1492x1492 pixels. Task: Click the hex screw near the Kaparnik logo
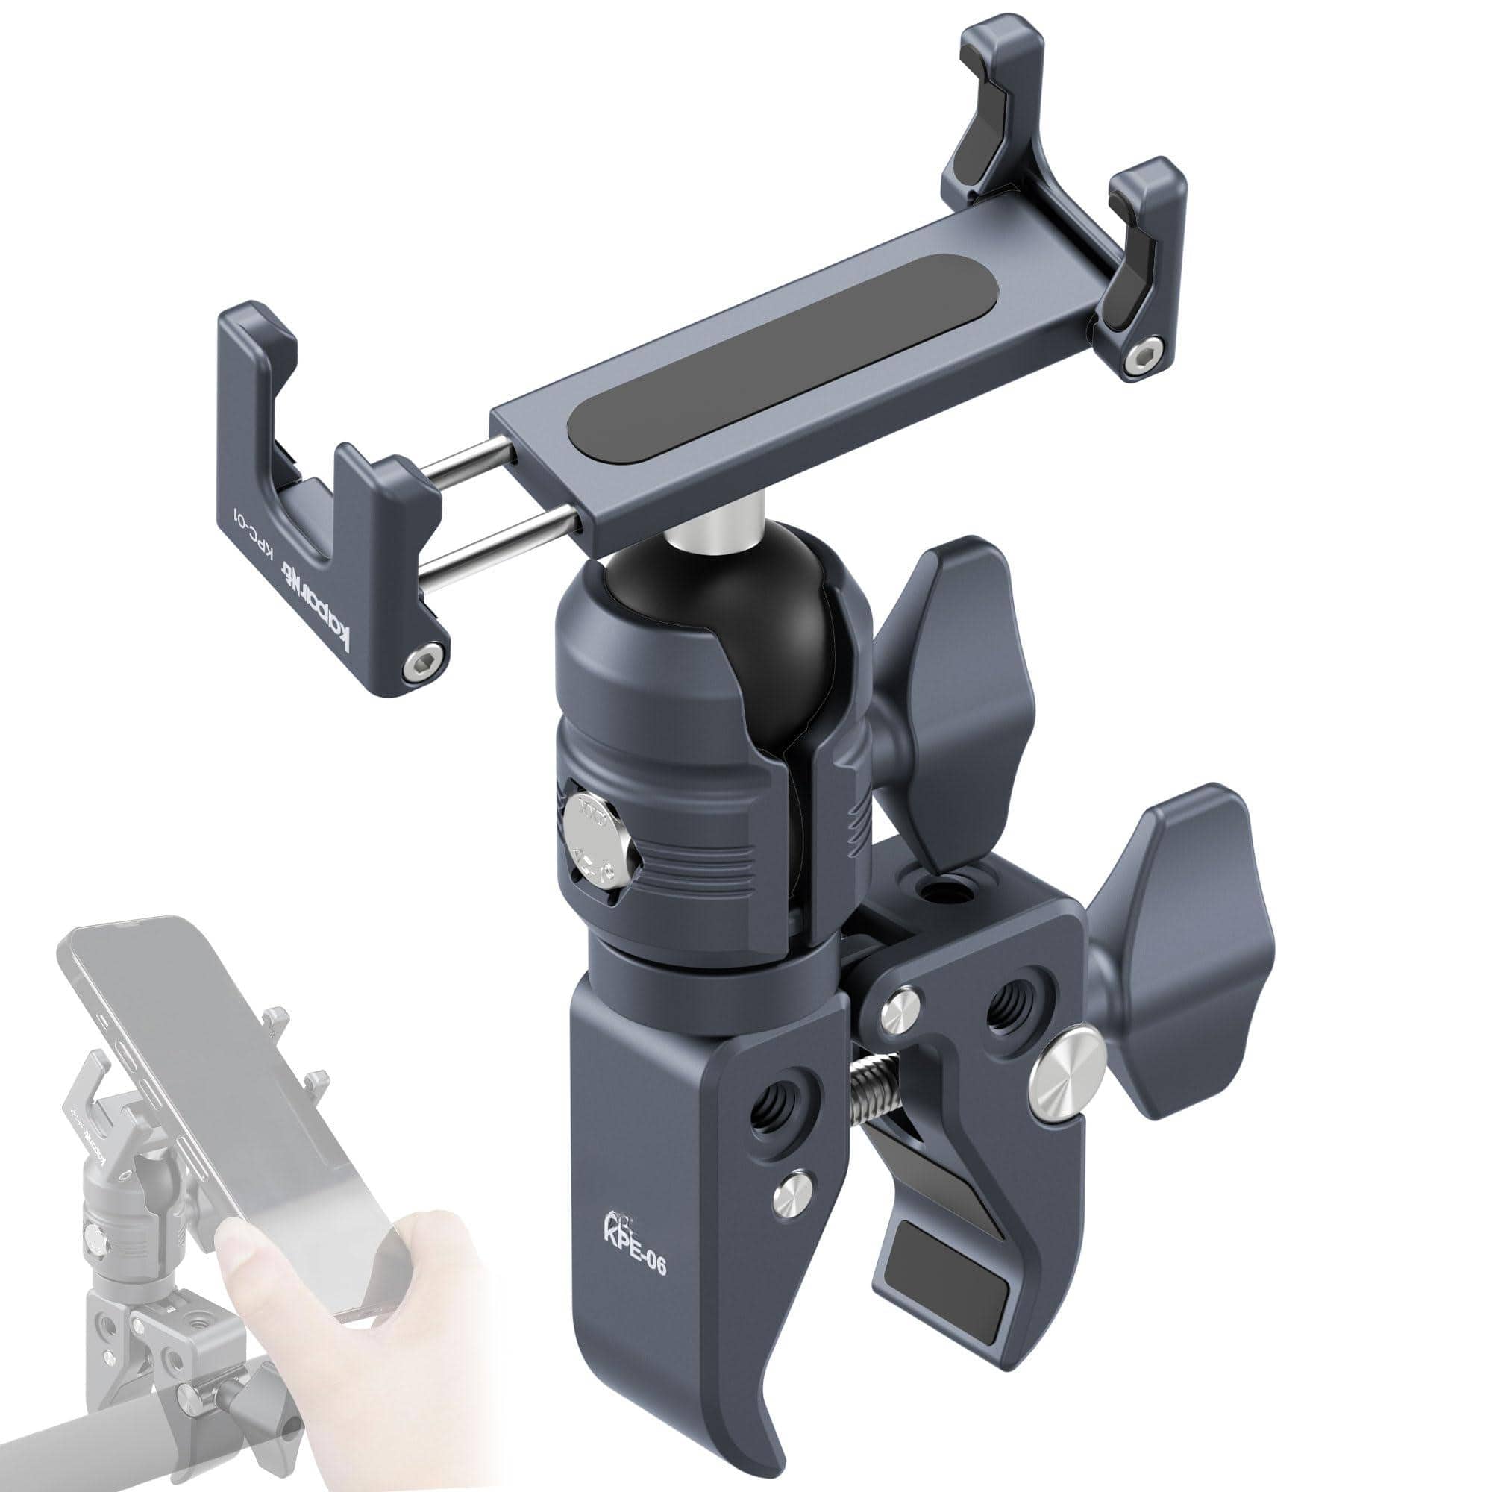click(x=426, y=659)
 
